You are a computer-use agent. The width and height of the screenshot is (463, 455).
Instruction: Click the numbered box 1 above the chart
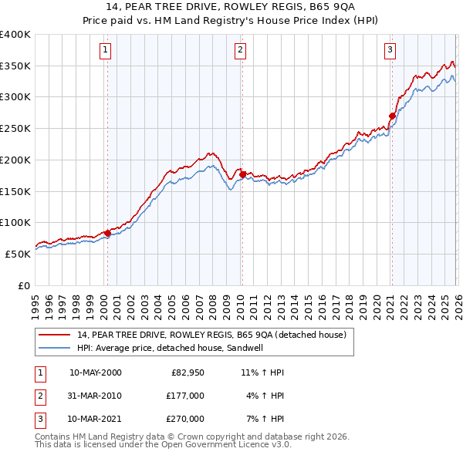[105, 50]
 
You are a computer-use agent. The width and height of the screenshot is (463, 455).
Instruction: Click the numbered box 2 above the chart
[240, 50]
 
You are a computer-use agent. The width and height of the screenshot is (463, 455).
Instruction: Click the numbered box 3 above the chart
[390, 50]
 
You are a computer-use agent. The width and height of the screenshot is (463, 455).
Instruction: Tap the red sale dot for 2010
[242, 175]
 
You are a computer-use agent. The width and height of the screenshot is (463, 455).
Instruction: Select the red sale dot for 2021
[392, 116]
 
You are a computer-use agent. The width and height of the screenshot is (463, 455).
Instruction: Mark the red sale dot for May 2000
[107, 233]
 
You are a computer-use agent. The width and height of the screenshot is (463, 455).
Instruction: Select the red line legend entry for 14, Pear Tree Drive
[216, 335]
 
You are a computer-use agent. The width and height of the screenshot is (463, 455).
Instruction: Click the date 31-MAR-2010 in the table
[95, 396]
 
